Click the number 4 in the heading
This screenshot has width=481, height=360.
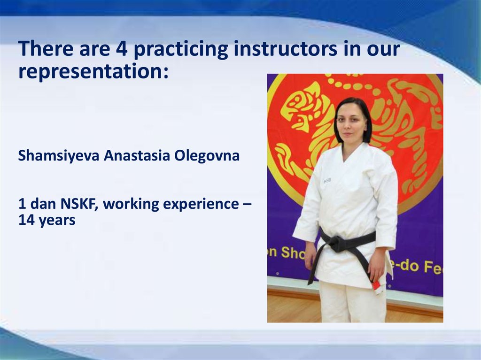(122, 49)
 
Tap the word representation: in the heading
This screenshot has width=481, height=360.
(93, 71)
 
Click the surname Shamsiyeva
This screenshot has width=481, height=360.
(59, 155)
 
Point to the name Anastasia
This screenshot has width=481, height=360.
(137, 155)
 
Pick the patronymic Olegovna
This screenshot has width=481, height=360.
(207, 156)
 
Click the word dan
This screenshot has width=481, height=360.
(43, 204)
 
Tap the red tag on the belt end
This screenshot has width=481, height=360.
(375, 285)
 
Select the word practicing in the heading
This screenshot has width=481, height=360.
(181, 49)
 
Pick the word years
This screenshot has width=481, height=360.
(57, 221)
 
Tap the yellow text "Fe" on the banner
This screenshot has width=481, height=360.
(434, 268)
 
